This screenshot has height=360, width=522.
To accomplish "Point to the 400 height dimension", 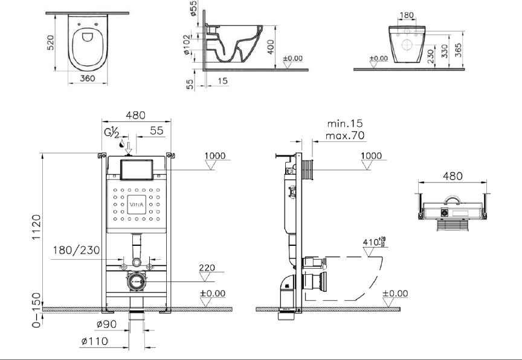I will (271, 47).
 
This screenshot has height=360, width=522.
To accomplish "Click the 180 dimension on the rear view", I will (407, 16).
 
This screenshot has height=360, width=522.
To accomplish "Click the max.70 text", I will (344, 135).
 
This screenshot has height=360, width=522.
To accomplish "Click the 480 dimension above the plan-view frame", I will (453, 176).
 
